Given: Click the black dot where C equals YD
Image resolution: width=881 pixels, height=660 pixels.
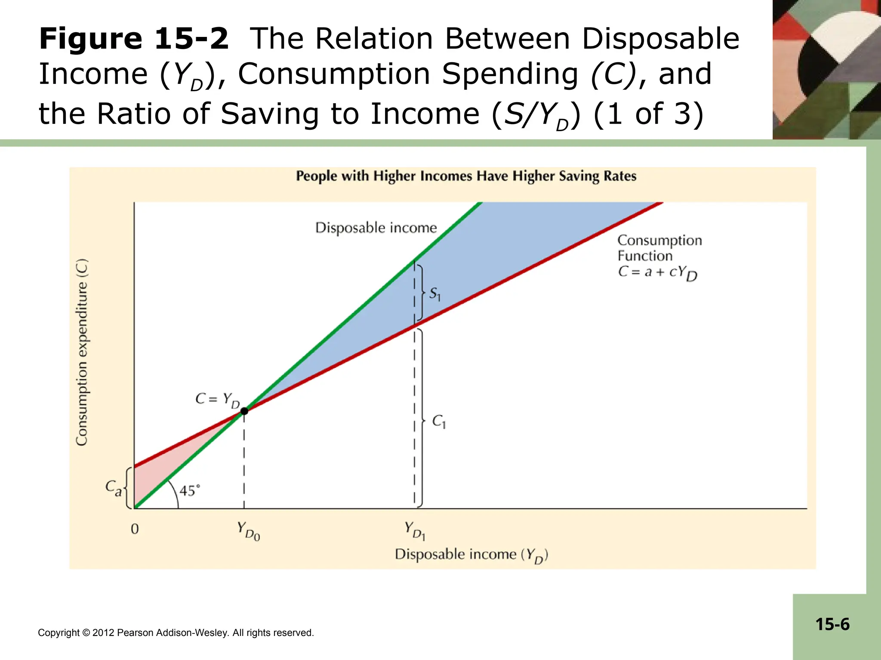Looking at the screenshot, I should [244, 411].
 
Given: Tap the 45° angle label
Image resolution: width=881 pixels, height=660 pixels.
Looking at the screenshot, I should [189, 490].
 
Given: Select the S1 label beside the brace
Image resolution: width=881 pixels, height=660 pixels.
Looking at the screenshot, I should [435, 294].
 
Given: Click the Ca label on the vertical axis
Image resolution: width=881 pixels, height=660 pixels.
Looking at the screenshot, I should [114, 488].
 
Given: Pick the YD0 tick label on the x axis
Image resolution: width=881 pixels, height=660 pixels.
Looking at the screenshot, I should [248, 531].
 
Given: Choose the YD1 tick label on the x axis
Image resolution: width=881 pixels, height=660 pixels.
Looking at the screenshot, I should [415, 531].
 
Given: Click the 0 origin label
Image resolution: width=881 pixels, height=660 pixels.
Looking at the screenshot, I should [135, 529].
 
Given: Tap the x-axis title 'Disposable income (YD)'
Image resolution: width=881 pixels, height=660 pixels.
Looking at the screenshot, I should [471, 555].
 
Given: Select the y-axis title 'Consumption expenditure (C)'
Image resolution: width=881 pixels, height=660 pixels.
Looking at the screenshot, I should [82, 352].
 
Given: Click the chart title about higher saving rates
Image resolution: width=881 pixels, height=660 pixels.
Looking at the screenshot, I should [466, 176].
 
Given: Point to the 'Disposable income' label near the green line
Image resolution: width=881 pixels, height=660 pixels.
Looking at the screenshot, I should [376, 227].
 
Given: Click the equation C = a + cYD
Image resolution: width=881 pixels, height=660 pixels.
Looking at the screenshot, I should [657, 272].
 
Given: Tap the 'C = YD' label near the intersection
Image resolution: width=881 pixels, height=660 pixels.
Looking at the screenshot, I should [217, 400].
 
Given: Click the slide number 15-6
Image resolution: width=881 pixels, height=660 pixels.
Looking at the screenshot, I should [832, 624].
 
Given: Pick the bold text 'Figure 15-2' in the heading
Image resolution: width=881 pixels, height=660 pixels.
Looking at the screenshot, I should [134, 39].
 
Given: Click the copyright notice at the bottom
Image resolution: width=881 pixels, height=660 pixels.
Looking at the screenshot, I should [176, 633].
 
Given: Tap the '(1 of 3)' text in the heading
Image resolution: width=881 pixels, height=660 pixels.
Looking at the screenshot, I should [648, 114].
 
